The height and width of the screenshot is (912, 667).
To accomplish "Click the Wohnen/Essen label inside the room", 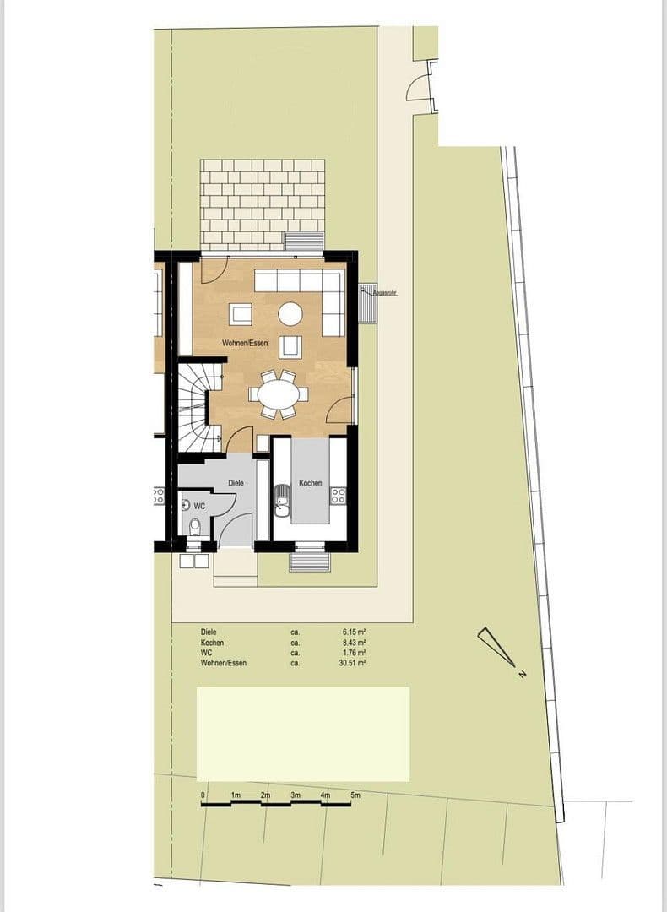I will (245, 344).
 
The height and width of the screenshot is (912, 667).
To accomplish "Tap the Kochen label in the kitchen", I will (310, 483).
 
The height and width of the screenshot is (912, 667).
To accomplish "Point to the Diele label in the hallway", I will (236, 483).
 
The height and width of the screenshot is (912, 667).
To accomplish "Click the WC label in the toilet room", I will (199, 506).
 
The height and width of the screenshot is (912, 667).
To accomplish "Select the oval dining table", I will (278, 394).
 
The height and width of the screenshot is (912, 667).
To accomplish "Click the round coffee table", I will (290, 314).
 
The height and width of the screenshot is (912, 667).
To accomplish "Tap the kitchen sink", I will (282, 504).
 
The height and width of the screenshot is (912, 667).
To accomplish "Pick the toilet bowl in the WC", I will (195, 527).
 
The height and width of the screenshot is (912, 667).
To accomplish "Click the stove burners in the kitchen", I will (339, 496).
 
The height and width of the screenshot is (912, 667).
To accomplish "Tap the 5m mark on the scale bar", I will (355, 795).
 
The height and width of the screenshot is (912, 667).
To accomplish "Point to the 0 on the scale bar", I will (203, 795).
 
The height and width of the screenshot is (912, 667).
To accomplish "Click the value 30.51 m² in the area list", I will (353, 664).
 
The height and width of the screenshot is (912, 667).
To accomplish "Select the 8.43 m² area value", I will (353, 643).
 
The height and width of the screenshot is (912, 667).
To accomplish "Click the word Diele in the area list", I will (209, 632).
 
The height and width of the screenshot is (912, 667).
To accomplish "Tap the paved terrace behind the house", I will (263, 204).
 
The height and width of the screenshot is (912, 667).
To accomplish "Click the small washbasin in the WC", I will (186, 505).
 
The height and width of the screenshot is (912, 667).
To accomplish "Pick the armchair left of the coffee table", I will (241, 314).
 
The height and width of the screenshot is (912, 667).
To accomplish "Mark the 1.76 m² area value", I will (353, 653).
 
